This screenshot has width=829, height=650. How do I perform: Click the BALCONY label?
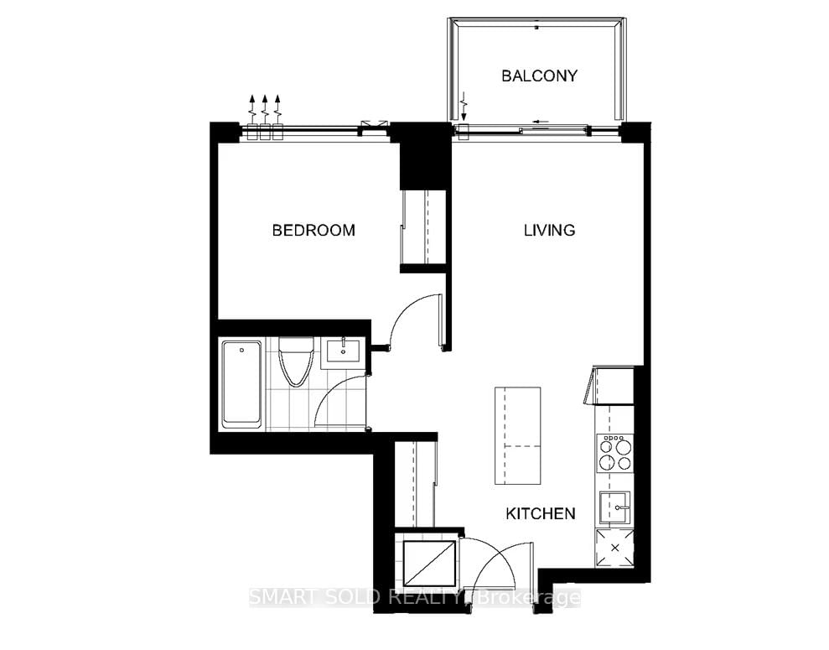[539, 75]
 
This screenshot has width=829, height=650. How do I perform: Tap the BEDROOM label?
[313, 230]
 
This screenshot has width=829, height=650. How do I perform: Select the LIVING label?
[549, 230]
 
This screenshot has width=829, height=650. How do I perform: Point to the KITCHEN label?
[540, 513]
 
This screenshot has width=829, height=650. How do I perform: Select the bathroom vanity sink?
[342, 351]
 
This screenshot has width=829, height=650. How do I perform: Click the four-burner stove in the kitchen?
[614, 455]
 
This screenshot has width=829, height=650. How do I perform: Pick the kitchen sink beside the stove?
[614, 508]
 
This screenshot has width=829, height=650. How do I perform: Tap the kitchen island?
[516, 435]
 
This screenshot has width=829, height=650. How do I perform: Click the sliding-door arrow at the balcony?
[533, 122]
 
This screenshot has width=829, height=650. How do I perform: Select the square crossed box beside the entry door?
[429, 563]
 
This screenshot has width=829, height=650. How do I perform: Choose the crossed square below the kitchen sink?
[614, 549]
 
